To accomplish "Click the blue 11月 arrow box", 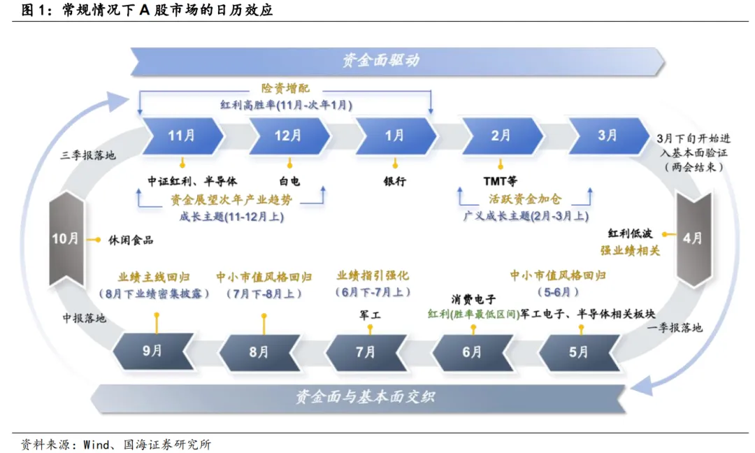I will coord(181,136).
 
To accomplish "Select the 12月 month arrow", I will coord(288,136).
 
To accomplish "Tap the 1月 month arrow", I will coord(395,136).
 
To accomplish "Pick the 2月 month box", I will coord(501,136).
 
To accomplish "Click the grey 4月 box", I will coord(693,238).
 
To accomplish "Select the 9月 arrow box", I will coord(153,351).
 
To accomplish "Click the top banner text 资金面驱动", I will coord(382,60).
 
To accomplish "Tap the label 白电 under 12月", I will coord(288,181).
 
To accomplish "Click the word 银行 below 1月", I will coord(395,181).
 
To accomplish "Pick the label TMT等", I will coord(501,181).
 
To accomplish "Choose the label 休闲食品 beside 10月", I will coord(131,240).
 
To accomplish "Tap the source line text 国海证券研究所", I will coord(167,444).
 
